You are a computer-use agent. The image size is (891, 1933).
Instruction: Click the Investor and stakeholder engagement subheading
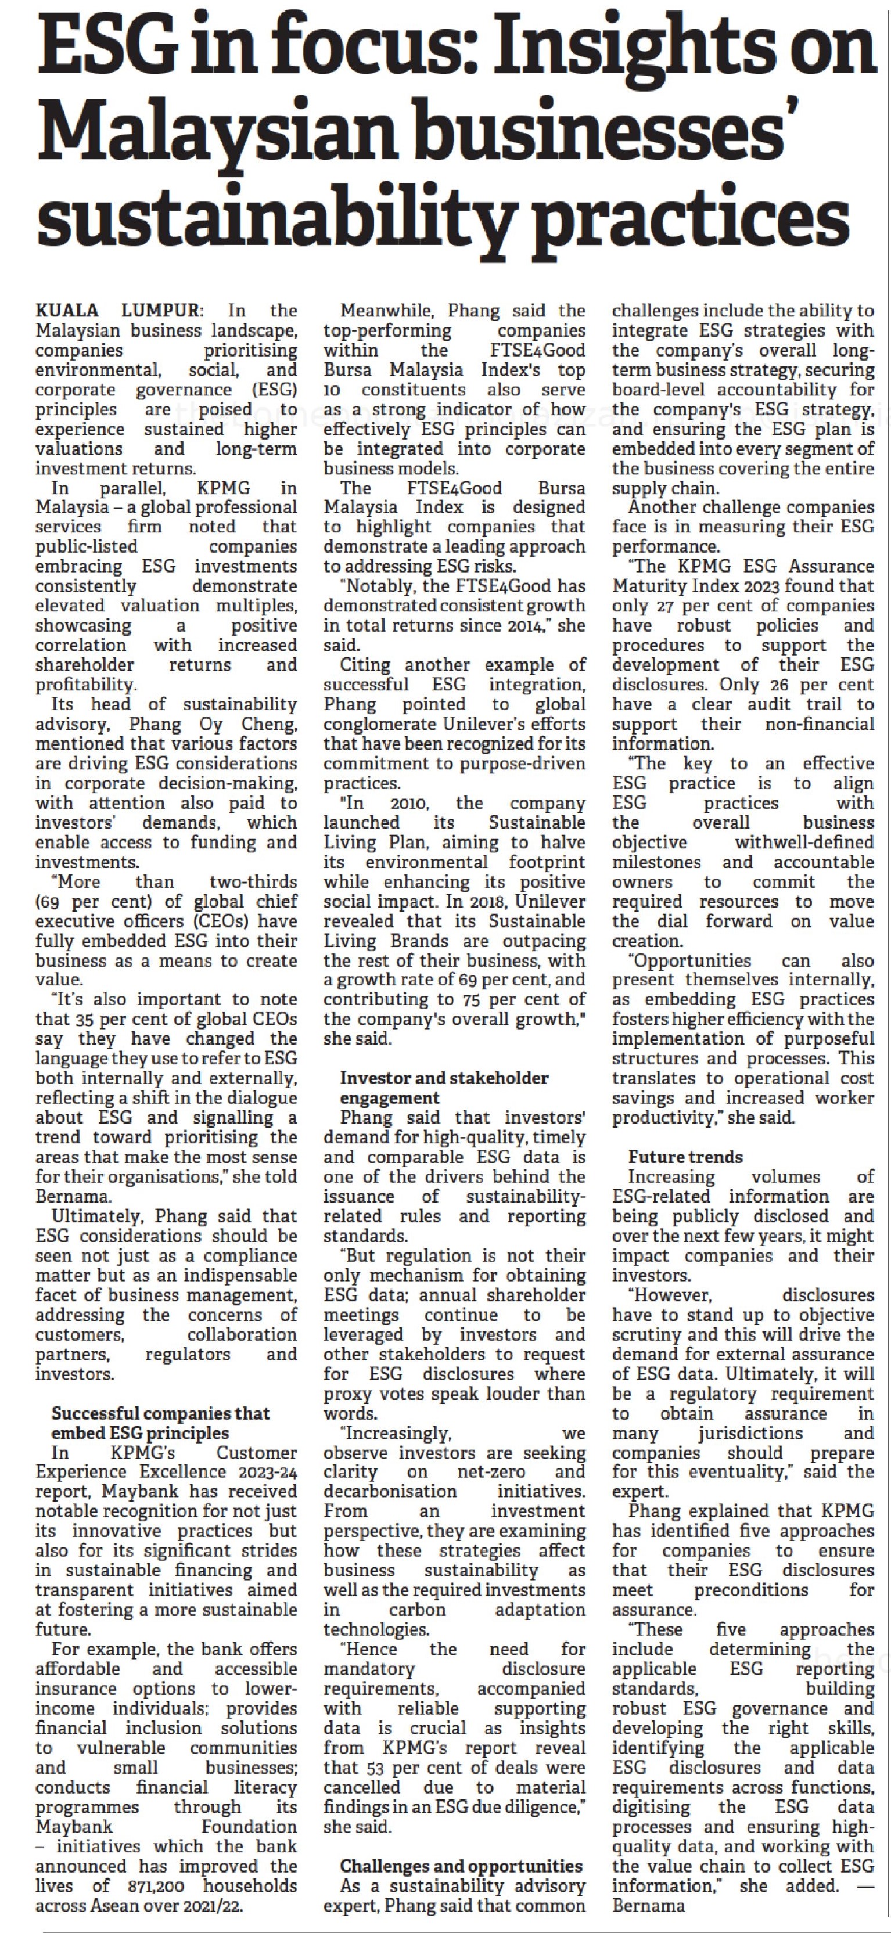tap(444, 1088)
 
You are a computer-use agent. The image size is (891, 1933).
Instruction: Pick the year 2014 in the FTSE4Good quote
tap(521, 625)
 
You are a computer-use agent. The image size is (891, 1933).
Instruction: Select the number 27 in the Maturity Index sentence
tap(664, 606)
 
